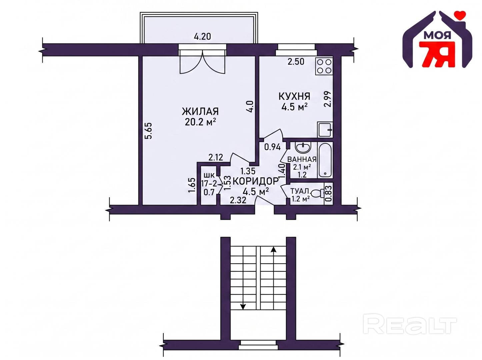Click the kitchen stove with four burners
tap(324, 66)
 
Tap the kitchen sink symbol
tap(325, 130)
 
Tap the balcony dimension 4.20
tap(202, 36)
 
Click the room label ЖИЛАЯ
tap(200, 112)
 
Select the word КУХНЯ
tap(294, 96)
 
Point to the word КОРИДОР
tap(255, 181)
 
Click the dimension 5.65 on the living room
tap(148, 131)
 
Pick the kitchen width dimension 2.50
tap(296, 62)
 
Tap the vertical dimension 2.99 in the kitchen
tap(327, 99)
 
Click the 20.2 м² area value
tap(200, 122)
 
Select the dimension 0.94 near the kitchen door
tap(272, 147)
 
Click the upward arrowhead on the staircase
tap(273, 249)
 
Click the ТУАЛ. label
tap(300, 191)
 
